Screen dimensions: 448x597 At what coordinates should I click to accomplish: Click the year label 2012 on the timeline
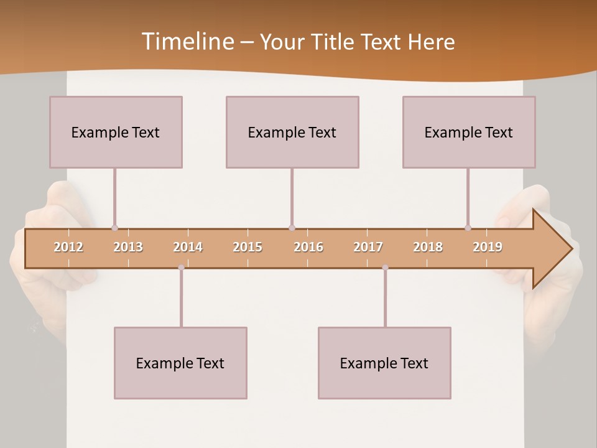coord(68,247)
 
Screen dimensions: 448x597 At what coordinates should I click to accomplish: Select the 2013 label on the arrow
coord(128,247)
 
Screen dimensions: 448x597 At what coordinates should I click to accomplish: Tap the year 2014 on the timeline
coord(188,247)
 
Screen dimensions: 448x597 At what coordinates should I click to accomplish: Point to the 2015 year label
coord(248,247)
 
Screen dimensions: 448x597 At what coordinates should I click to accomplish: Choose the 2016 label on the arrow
coord(308,247)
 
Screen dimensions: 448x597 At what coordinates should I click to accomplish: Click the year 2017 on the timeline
coord(368,247)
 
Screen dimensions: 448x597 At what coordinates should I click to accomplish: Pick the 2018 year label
coord(428,247)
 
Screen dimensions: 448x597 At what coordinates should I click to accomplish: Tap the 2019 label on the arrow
coord(488,247)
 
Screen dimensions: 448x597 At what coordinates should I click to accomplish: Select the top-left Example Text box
coord(116,132)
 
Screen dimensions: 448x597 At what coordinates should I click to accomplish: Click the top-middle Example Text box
coord(292,132)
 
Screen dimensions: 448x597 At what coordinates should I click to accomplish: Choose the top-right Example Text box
coord(469,132)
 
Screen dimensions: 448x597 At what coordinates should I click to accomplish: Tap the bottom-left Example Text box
coord(180,363)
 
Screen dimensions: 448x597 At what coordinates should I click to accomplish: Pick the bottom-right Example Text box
coord(384,363)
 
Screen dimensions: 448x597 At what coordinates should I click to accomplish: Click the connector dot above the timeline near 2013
coord(114,228)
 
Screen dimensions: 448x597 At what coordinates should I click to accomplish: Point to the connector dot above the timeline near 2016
coord(292,228)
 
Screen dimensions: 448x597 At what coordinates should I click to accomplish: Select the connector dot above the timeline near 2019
coord(468,228)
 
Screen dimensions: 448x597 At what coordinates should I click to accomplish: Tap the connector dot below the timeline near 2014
coord(181,268)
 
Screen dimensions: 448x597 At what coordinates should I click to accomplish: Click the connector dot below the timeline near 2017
coord(385,268)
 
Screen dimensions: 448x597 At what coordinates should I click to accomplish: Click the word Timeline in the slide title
coord(187,42)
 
